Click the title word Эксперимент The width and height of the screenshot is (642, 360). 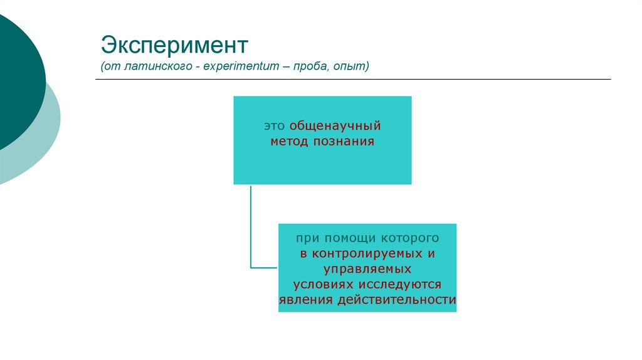pyautogui.click(x=175, y=46)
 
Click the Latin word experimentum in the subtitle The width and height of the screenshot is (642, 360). pyautogui.click(x=241, y=66)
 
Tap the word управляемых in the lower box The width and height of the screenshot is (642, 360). pyautogui.click(x=367, y=270)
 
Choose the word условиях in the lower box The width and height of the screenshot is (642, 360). pyautogui.click(x=317, y=285)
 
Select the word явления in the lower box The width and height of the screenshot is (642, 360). pyautogui.click(x=305, y=300)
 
